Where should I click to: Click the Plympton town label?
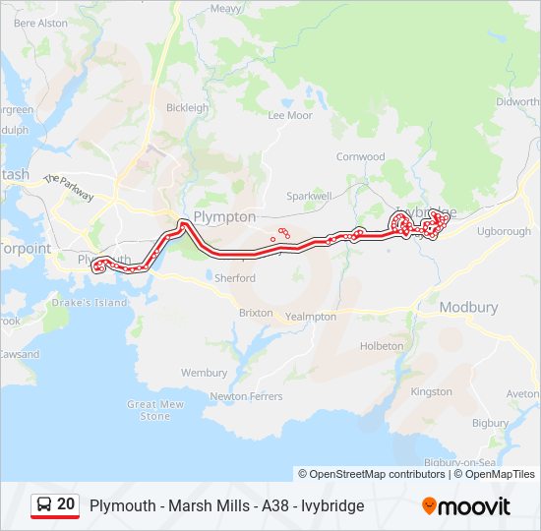(x=225, y=217)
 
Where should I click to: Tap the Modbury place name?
(x=468, y=307)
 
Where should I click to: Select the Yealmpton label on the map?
(x=311, y=317)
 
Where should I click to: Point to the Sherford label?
(x=235, y=278)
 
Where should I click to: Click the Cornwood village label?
(x=361, y=156)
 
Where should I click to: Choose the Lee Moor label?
(x=290, y=115)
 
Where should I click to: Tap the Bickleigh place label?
(x=187, y=108)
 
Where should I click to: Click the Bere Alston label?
(x=41, y=22)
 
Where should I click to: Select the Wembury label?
(x=204, y=373)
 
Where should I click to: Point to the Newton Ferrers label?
(x=242, y=396)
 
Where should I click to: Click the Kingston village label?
(x=431, y=391)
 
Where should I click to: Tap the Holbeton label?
(x=382, y=346)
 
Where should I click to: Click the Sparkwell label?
(x=310, y=196)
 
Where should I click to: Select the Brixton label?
(x=256, y=313)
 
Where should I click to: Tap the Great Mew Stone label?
(x=155, y=410)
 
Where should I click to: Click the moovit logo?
(x=466, y=506)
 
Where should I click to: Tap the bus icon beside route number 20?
(x=44, y=505)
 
